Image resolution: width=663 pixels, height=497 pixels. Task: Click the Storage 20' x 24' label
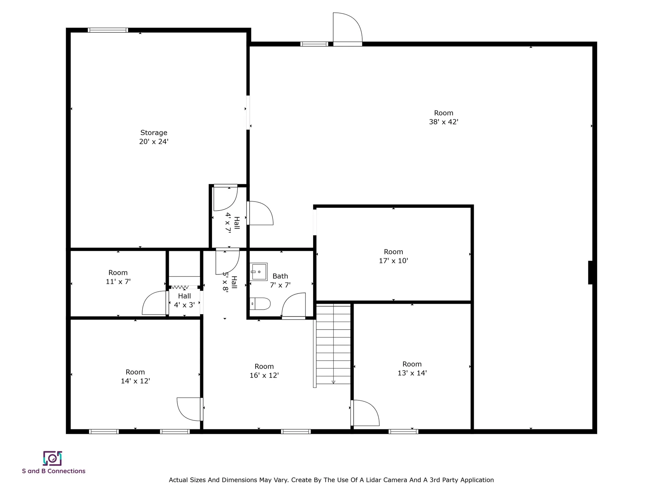point(154,137)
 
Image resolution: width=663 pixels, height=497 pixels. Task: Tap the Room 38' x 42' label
point(443,117)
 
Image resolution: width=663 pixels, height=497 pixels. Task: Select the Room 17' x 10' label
point(393,256)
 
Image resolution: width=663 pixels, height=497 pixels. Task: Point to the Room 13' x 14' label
point(412,368)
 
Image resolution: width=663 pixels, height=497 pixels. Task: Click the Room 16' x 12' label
point(264,371)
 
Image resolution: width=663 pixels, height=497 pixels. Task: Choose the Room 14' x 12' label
point(135,376)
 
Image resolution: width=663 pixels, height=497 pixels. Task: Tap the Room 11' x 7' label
point(118,277)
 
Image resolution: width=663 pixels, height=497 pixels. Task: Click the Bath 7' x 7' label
point(280,280)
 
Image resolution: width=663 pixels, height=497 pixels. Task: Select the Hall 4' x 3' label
point(184,300)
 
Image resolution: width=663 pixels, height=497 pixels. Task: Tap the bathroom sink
point(259,272)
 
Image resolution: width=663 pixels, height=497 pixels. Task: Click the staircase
point(333,345)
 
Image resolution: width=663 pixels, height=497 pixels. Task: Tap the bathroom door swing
point(294,305)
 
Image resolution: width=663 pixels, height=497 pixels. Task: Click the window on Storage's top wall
point(108,30)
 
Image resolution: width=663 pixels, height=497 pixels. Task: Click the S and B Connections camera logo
point(52,458)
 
